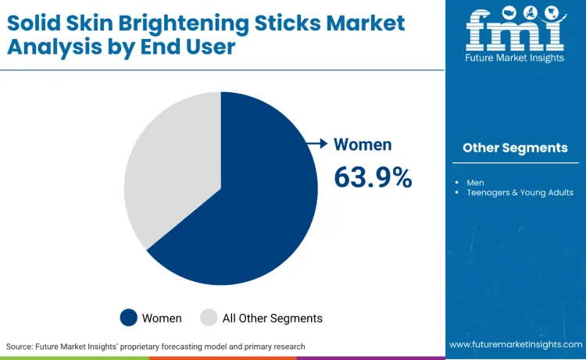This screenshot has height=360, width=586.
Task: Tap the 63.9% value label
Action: tap(373, 177)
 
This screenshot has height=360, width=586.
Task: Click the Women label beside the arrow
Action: tap(363, 144)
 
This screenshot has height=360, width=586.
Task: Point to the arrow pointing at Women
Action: tap(316, 144)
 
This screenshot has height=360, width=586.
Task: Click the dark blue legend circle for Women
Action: tap(129, 318)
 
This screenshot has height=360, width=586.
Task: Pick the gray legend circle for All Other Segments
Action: tap(209, 318)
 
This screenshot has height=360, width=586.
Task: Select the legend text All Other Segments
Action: tap(272, 318)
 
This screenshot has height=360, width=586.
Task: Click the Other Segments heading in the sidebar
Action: tap(515, 148)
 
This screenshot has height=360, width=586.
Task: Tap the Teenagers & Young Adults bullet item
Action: tap(520, 192)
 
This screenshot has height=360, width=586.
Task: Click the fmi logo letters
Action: tap(515, 32)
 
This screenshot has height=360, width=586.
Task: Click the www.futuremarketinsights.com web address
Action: tap(515, 344)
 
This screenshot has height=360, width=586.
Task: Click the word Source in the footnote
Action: tap(21, 346)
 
